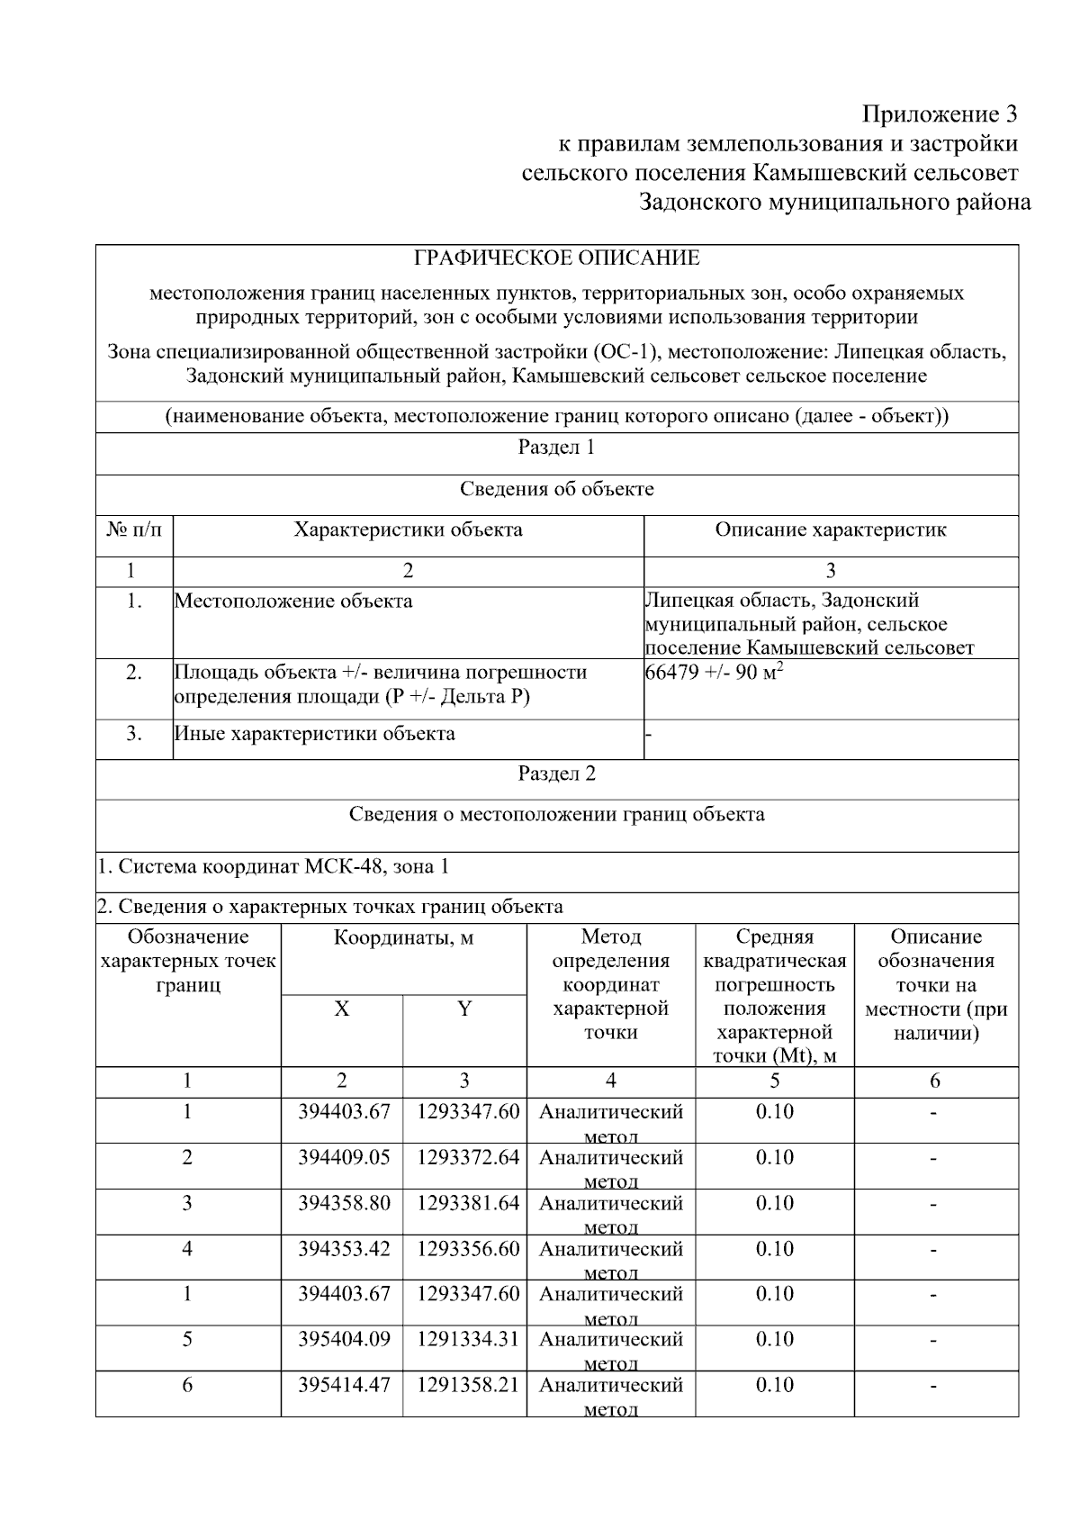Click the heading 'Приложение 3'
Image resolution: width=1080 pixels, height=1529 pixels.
(x=940, y=114)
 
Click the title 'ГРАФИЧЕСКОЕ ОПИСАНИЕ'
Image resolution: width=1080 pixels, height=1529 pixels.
(x=556, y=259)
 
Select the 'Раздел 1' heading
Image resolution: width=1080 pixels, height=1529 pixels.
(x=556, y=448)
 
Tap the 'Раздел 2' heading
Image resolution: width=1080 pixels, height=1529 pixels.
(x=556, y=774)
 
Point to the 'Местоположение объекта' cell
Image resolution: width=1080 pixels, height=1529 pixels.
(x=293, y=601)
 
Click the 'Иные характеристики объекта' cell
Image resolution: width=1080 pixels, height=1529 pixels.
(x=314, y=733)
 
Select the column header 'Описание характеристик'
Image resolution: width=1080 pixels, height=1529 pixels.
(x=830, y=529)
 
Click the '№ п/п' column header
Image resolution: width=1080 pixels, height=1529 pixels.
(x=134, y=529)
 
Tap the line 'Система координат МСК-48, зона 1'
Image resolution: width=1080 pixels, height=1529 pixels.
(x=273, y=866)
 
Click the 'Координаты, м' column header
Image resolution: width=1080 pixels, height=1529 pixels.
(x=403, y=938)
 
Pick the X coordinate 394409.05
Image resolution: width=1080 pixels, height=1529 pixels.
(x=344, y=1157)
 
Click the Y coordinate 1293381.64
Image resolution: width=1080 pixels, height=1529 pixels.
(x=467, y=1203)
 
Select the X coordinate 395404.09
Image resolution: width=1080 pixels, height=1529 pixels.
(x=344, y=1339)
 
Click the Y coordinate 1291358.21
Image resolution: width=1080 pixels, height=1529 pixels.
(x=467, y=1385)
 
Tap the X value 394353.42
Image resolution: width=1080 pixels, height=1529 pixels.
(x=344, y=1249)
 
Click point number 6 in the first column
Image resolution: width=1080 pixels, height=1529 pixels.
(x=187, y=1385)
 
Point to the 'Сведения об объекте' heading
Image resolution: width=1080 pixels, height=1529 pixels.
(x=556, y=489)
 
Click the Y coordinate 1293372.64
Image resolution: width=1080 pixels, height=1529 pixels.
(x=467, y=1157)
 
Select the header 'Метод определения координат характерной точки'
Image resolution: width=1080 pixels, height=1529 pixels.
(x=610, y=985)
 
